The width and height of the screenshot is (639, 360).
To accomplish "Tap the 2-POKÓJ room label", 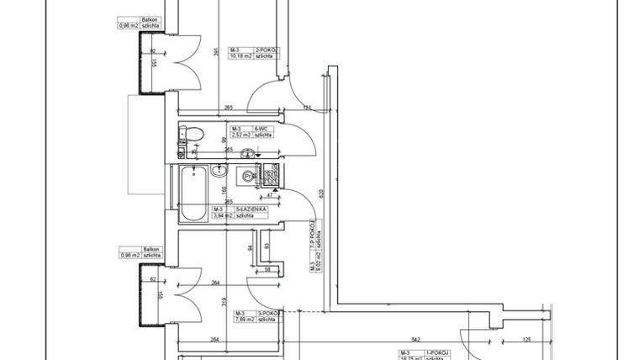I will click(x=267, y=50).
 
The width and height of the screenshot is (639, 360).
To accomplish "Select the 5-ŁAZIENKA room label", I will click(x=251, y=208).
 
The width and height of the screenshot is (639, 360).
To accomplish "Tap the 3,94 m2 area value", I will click(x=224, y=214).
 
